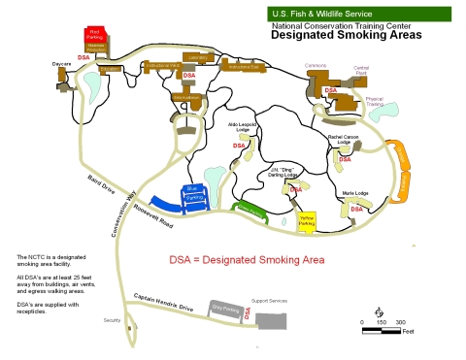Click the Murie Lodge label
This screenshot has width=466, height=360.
pyautogui.click(x=355, y=193)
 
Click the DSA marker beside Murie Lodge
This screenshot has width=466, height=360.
pyautogui.click(x=356, y=208)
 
